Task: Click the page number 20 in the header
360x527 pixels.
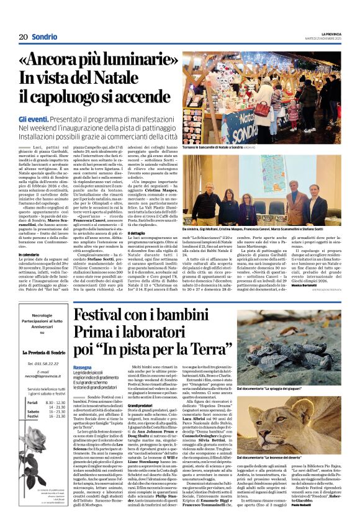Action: click(22, 37)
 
